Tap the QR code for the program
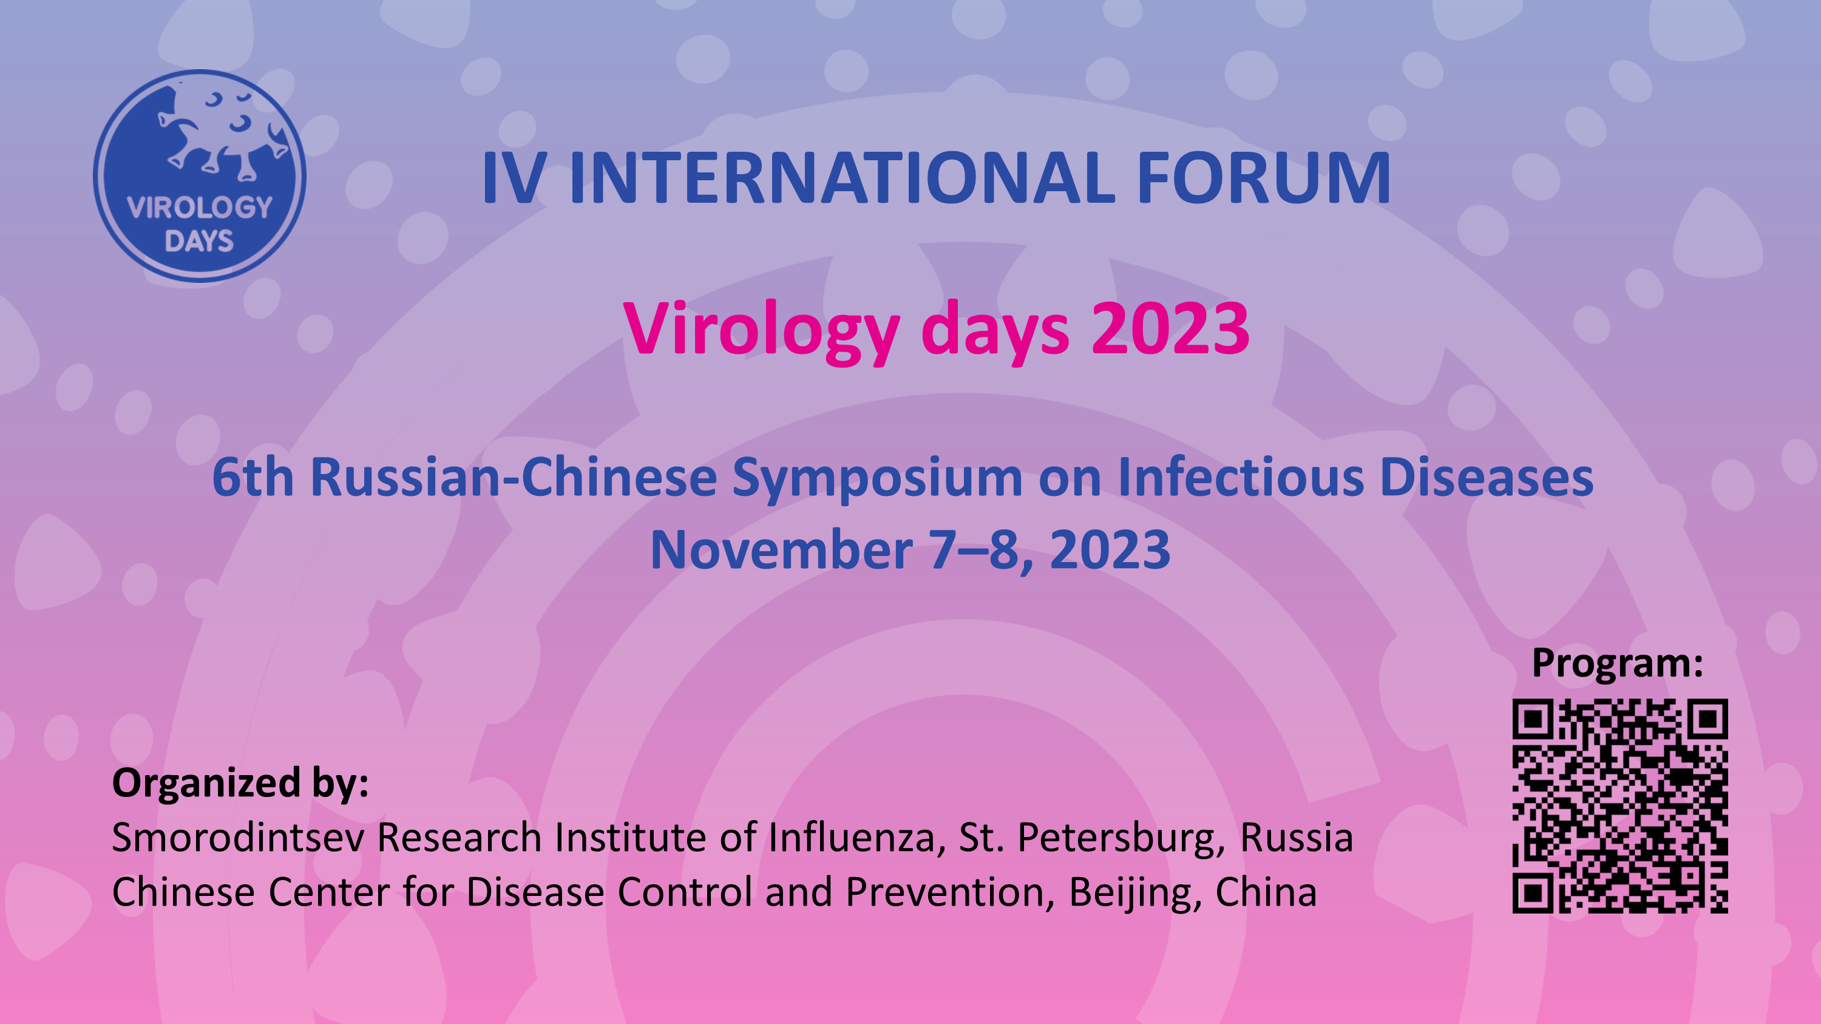point(1620,805)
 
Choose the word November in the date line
point(781,550)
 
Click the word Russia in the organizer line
point(1297,839)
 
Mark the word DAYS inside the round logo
point(199,241)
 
